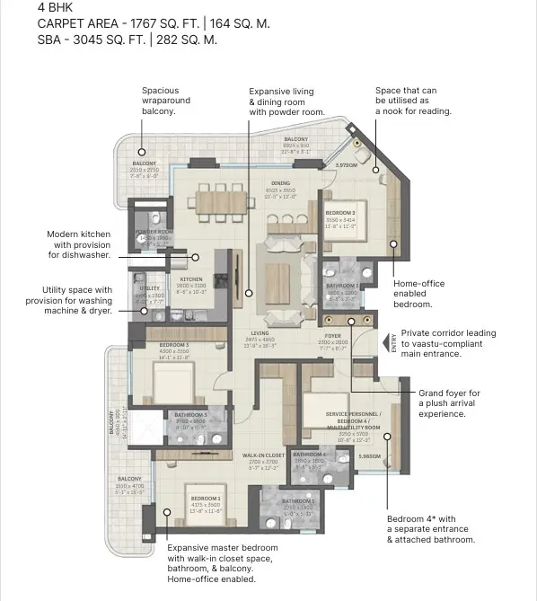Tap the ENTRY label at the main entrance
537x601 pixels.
pos(392,342)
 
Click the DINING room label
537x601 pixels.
pos(281,182)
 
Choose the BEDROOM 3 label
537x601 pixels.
pos(174,345)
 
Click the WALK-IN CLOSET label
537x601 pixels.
pos(263,455)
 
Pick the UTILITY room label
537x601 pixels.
pos(150,288)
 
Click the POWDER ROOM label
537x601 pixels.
pos(154,232)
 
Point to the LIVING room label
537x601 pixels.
pos(260,332)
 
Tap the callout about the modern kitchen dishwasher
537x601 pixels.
pos(79,244)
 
